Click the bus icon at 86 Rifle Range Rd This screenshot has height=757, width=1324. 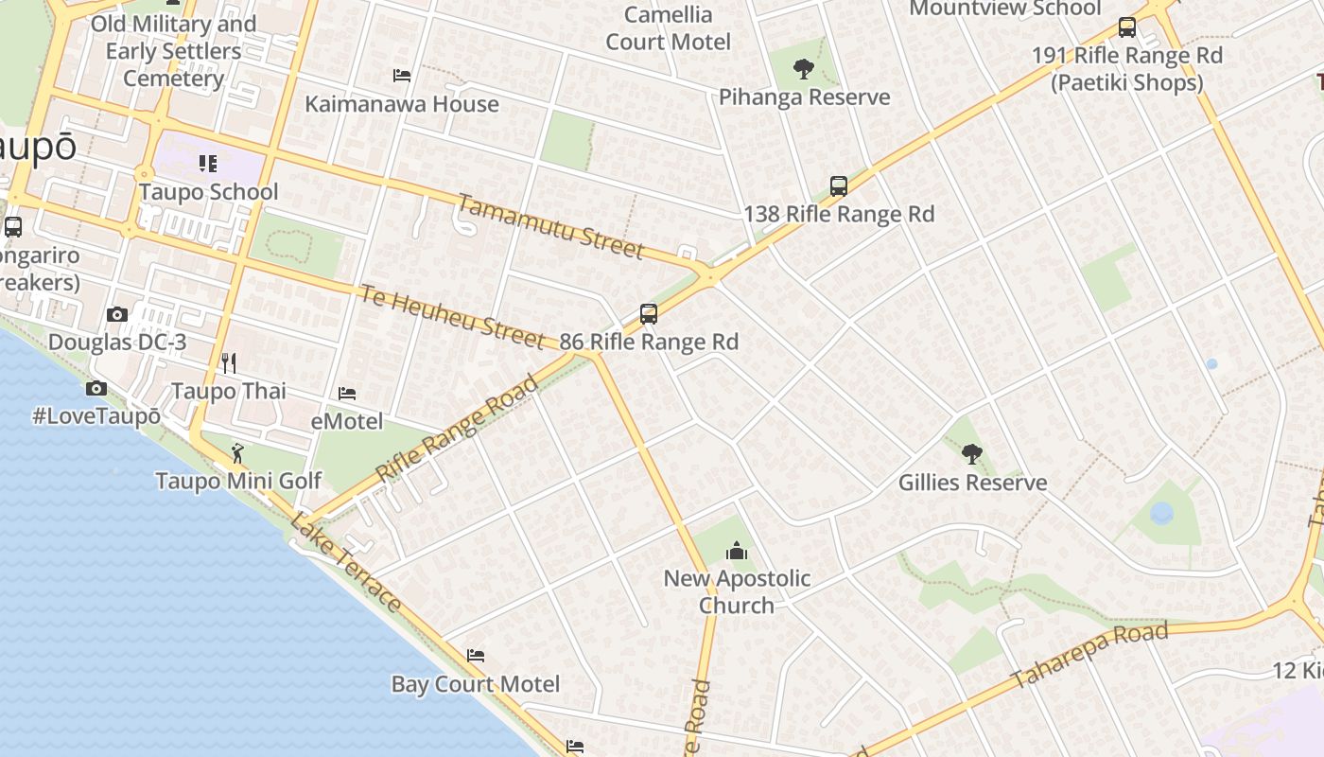coord(648,314)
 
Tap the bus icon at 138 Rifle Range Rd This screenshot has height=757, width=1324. coord(838,186)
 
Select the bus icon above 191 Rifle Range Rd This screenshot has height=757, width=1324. coord(1126,27)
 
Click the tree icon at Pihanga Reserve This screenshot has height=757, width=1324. coord(804,68)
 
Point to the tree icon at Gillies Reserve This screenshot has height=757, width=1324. coord(971,454)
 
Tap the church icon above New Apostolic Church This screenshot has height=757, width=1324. coord(736,550)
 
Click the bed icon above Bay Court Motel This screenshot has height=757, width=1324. coord(476,655)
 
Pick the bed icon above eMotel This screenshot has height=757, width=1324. coord(347,393)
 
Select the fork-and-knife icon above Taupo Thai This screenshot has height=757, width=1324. coord(228,362)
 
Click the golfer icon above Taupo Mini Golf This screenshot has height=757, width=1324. coord(237,452)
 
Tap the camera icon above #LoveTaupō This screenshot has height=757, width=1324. coord(96,388)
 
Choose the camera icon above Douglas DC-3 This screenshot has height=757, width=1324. coord(117,314)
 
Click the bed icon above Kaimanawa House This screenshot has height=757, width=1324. coord(402,76)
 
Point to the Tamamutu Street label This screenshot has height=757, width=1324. coord(551,226)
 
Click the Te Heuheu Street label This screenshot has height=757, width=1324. coord(452,315)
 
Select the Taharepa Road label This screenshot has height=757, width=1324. coord(1089,655)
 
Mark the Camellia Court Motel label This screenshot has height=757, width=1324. coord(668,28)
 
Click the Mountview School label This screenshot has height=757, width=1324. coord(1004,9)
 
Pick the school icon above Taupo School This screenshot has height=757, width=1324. coord(208,164)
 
